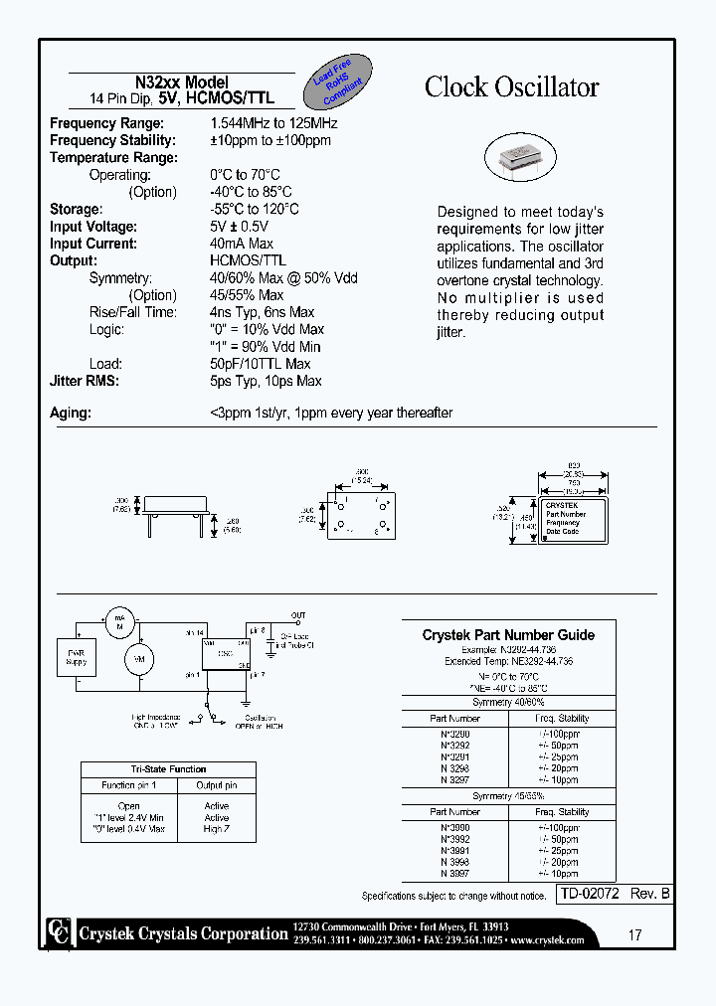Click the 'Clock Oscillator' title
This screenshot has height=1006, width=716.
[511, 87]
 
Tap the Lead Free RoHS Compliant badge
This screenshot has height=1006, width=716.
[340, 83]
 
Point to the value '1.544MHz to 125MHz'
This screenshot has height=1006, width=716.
[273, 123]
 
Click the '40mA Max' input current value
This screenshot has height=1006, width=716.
[242, 244]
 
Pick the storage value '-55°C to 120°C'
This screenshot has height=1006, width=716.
[254, 209]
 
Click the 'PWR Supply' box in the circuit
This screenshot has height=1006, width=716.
[76, 658]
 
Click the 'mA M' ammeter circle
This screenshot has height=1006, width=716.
[118, 620]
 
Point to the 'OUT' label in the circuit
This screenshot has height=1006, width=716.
[298, 615]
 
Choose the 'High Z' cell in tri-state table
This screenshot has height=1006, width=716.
[216, 829]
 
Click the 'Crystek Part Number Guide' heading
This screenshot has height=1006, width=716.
[508, 635]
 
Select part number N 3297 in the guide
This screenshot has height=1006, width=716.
[454, 779]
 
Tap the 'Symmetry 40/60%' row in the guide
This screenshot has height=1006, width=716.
[508, 703]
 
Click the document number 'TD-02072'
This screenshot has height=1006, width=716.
[591, 895]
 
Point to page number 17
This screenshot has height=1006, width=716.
[634, 934]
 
